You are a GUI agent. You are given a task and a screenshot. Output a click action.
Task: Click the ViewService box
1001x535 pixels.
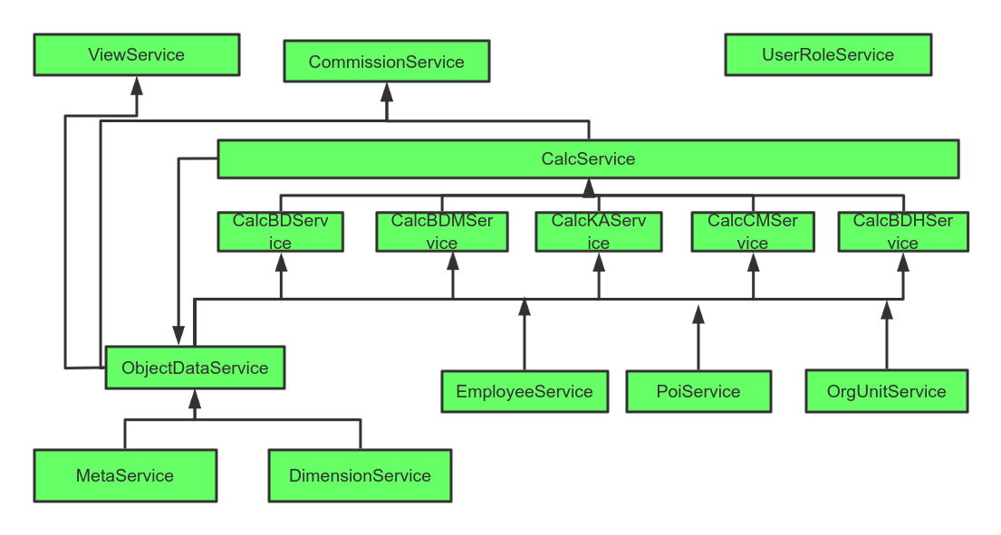tap(137, 55)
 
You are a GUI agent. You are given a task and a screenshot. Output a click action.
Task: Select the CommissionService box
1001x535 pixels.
tap(387, 62)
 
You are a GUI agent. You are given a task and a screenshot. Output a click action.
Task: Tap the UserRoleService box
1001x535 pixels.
tap(828, 55)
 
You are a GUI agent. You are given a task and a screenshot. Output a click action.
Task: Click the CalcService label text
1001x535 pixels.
tap(588, 159)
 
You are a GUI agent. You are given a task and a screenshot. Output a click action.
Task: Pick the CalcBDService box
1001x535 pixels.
tap(280, 232)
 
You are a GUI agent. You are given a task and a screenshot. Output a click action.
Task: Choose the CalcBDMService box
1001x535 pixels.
tap(442, 232)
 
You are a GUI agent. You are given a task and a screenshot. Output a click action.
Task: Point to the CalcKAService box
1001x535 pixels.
tap(598, 232)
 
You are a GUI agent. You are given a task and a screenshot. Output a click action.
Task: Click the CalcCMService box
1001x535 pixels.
tap(753, 232)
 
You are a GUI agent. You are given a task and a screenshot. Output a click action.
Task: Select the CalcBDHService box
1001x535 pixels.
tap(903, 232)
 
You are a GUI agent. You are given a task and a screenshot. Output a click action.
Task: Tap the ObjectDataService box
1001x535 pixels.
tap(195, 368)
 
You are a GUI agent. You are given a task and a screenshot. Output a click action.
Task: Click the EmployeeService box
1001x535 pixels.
tap(525, 392)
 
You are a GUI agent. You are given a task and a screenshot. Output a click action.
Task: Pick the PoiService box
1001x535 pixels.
tap(698, 392)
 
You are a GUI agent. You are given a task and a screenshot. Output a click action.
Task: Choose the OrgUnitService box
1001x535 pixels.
tap(887, 392)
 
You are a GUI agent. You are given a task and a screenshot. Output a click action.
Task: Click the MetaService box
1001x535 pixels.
tap(125, 476)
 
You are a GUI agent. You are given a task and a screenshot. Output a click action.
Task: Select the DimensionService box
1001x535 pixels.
tap(360, 476)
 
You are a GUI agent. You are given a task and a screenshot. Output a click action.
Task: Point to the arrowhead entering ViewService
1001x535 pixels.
tap(137, 85)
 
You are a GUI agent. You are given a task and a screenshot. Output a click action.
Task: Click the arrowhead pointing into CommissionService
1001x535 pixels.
tap(387, 91)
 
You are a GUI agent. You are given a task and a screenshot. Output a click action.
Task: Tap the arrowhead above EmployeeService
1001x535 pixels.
tap(524, 307)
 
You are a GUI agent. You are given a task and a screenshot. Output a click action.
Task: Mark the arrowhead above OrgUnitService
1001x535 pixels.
tap(887, 309)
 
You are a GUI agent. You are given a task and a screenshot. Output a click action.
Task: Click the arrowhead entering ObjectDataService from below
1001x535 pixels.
tap(194, 398)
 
